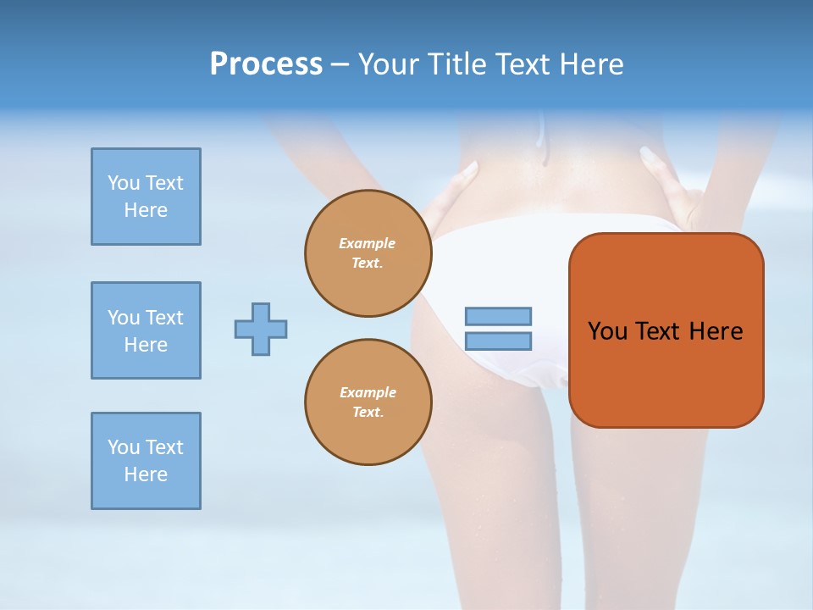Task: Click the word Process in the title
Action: (266, 64)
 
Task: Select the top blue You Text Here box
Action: (146, 197)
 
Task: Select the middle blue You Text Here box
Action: (146, 330)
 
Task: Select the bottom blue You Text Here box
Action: (146, 461)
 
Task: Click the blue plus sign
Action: (261, 329)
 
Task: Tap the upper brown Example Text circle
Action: (368, 253)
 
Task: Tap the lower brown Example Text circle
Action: (368, 402)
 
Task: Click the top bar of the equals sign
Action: (498, 316)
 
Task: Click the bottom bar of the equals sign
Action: (498, 341)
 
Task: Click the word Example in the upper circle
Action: (368, 243)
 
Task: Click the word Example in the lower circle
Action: (368, 392)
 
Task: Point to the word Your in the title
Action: (386, 64)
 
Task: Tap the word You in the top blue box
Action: (123, 183)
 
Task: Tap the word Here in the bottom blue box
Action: (146, 474)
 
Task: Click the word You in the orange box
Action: (608, 331)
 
